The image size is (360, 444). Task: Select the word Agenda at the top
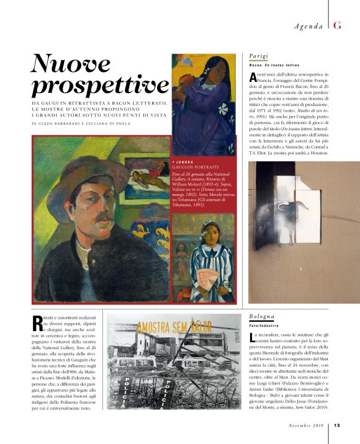tap(308, 26)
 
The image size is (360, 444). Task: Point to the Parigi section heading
tap(258, 55)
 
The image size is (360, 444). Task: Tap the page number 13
tap(337, 425)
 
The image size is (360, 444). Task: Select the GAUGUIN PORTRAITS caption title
tap(196, 167)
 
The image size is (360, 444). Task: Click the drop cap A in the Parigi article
tap(252, 77)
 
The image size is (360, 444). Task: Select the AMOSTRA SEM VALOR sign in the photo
tap(167, 327)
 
